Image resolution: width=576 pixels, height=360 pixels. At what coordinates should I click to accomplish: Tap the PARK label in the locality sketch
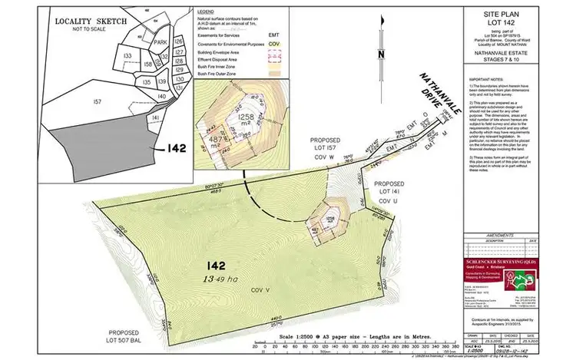pos(160,44)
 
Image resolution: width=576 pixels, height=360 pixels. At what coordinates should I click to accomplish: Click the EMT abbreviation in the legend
pos(273,35)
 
